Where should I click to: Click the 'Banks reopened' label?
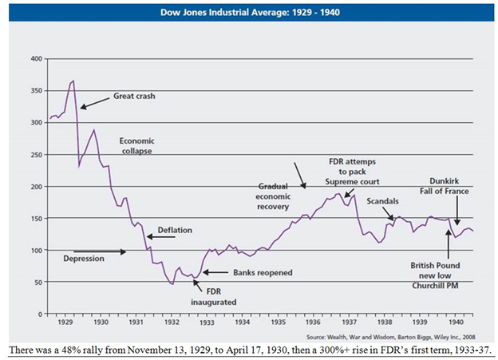[x=263, y=272]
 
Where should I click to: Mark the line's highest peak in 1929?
[x=73, y=81]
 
